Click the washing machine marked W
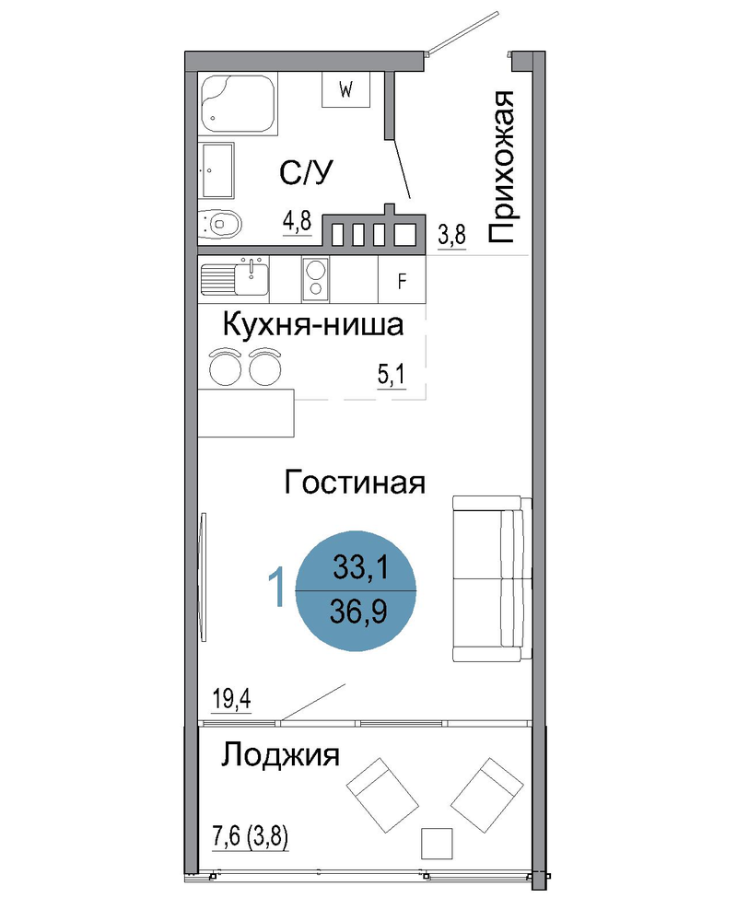(345, 90)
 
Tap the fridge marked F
(402, 280)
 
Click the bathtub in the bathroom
(238, 104)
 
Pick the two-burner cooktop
(316, 279)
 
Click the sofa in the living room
(492, 578)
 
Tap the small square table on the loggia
(437, 844)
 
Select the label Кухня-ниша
(313, 325)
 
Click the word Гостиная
(355, 483)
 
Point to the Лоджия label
(280, 754)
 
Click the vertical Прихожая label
(502, 167)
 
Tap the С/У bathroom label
(306, 172)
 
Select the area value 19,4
(231, 699)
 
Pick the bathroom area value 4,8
(298, 222)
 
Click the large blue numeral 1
(276, 586)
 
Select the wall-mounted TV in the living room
(204, 577)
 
